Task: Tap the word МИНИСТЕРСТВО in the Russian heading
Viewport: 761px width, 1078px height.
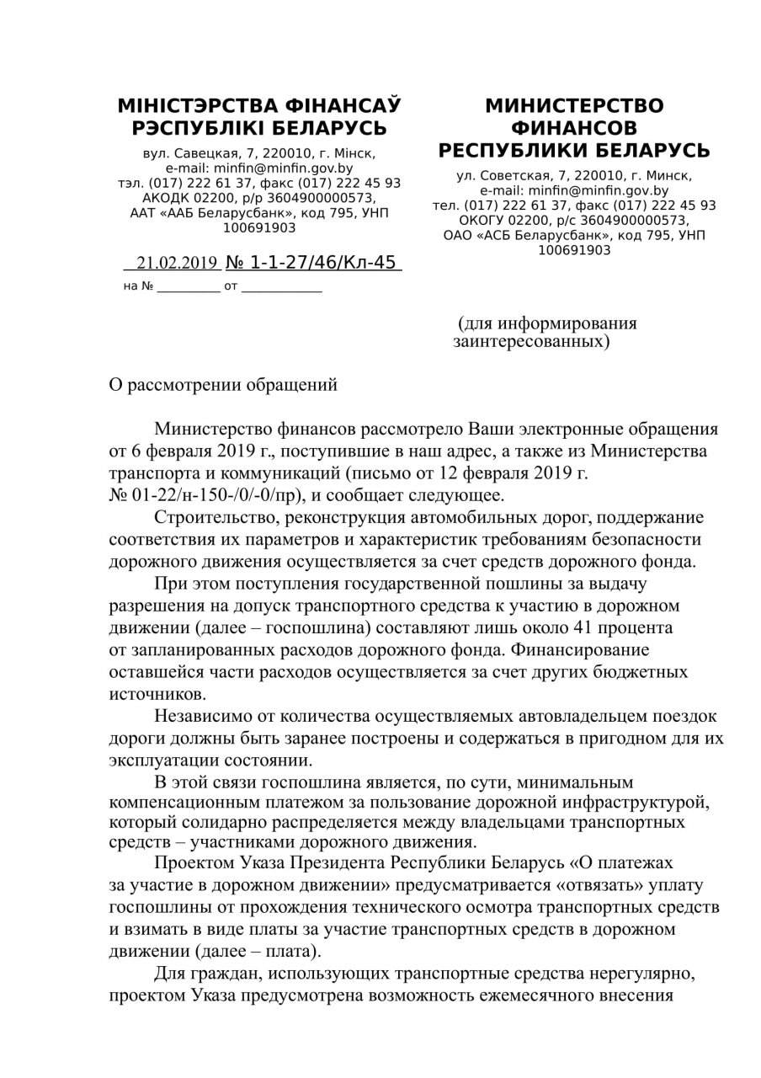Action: tap(574, 106)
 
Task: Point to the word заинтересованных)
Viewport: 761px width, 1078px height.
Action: tap(530, 342)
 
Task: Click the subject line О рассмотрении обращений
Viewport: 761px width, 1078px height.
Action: tap(224, 385)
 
